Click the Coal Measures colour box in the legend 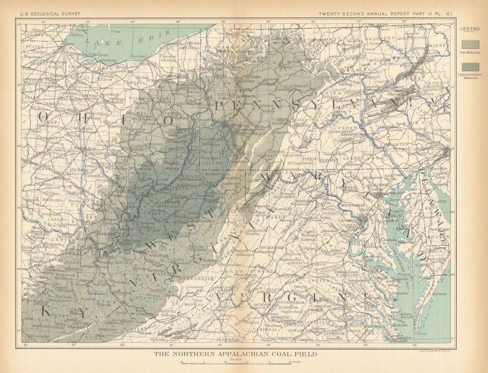(470, 44)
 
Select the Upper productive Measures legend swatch (470, 67)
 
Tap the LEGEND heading (469, 29)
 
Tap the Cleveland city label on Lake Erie (138, 56)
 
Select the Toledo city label (69, 44)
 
